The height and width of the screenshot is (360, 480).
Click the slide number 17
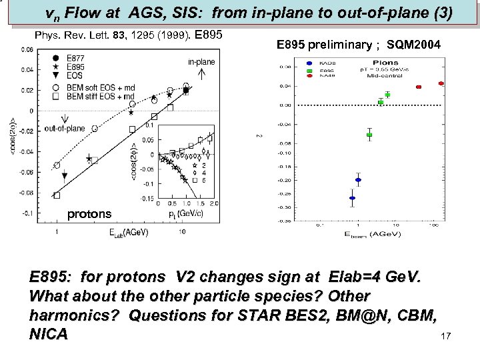coord(447,337)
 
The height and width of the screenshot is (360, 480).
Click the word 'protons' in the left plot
coord(90,214)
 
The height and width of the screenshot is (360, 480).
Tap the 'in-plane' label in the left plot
coord(201,61)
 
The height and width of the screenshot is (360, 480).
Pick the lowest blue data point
coord(352,198)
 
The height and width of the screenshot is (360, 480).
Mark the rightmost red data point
coord(441,83)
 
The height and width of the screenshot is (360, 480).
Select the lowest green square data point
coord(369,135)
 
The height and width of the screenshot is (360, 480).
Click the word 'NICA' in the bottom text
coord(49,334)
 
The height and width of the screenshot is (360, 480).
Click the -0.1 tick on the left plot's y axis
coord(30,214)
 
